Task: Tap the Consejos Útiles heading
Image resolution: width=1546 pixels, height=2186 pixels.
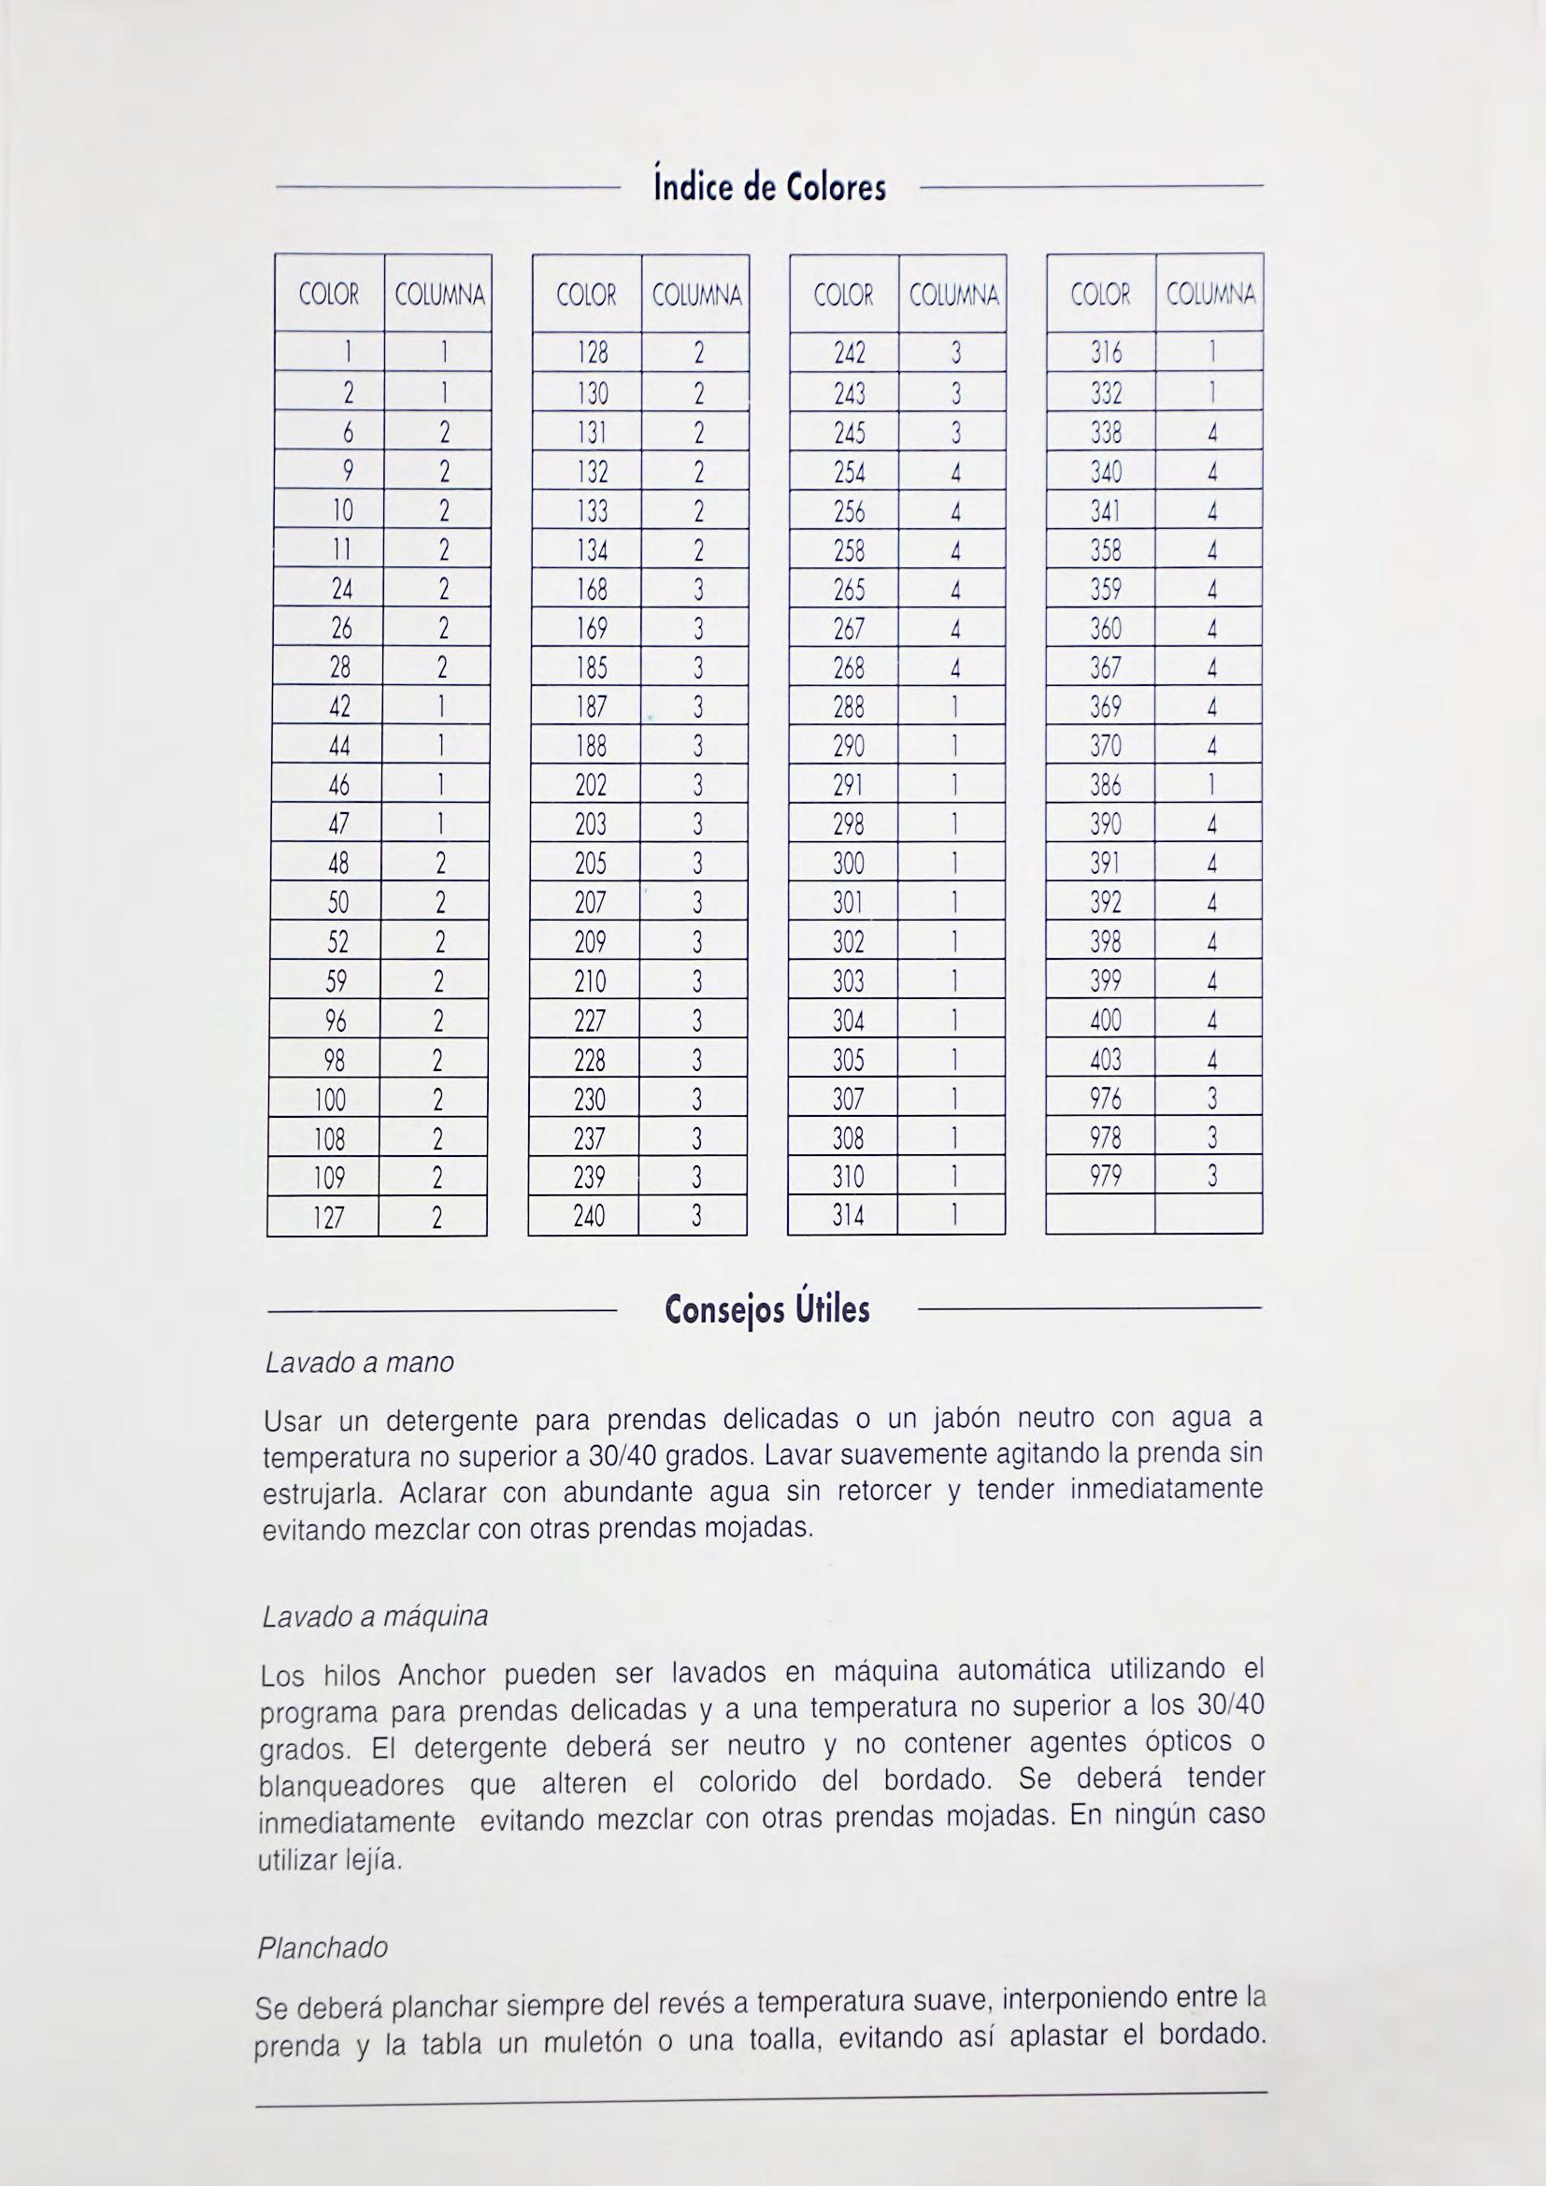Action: tap(767, 1311)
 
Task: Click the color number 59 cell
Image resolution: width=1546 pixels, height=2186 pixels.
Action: tap(336, 981)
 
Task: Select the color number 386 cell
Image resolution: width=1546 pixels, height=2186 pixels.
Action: tap(1105, 785)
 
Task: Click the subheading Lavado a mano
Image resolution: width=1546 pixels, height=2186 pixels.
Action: tap(359, 1364)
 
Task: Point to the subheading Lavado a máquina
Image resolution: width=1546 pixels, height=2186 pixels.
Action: tap(374, 1617)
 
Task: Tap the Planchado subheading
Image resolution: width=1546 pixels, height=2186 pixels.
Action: tap(322, 1948)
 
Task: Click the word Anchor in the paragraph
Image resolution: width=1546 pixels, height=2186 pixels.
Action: tap(443, 1676)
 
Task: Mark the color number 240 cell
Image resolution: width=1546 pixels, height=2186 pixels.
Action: tap(589, 1217)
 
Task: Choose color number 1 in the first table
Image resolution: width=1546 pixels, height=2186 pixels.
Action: tap(348, 353)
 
